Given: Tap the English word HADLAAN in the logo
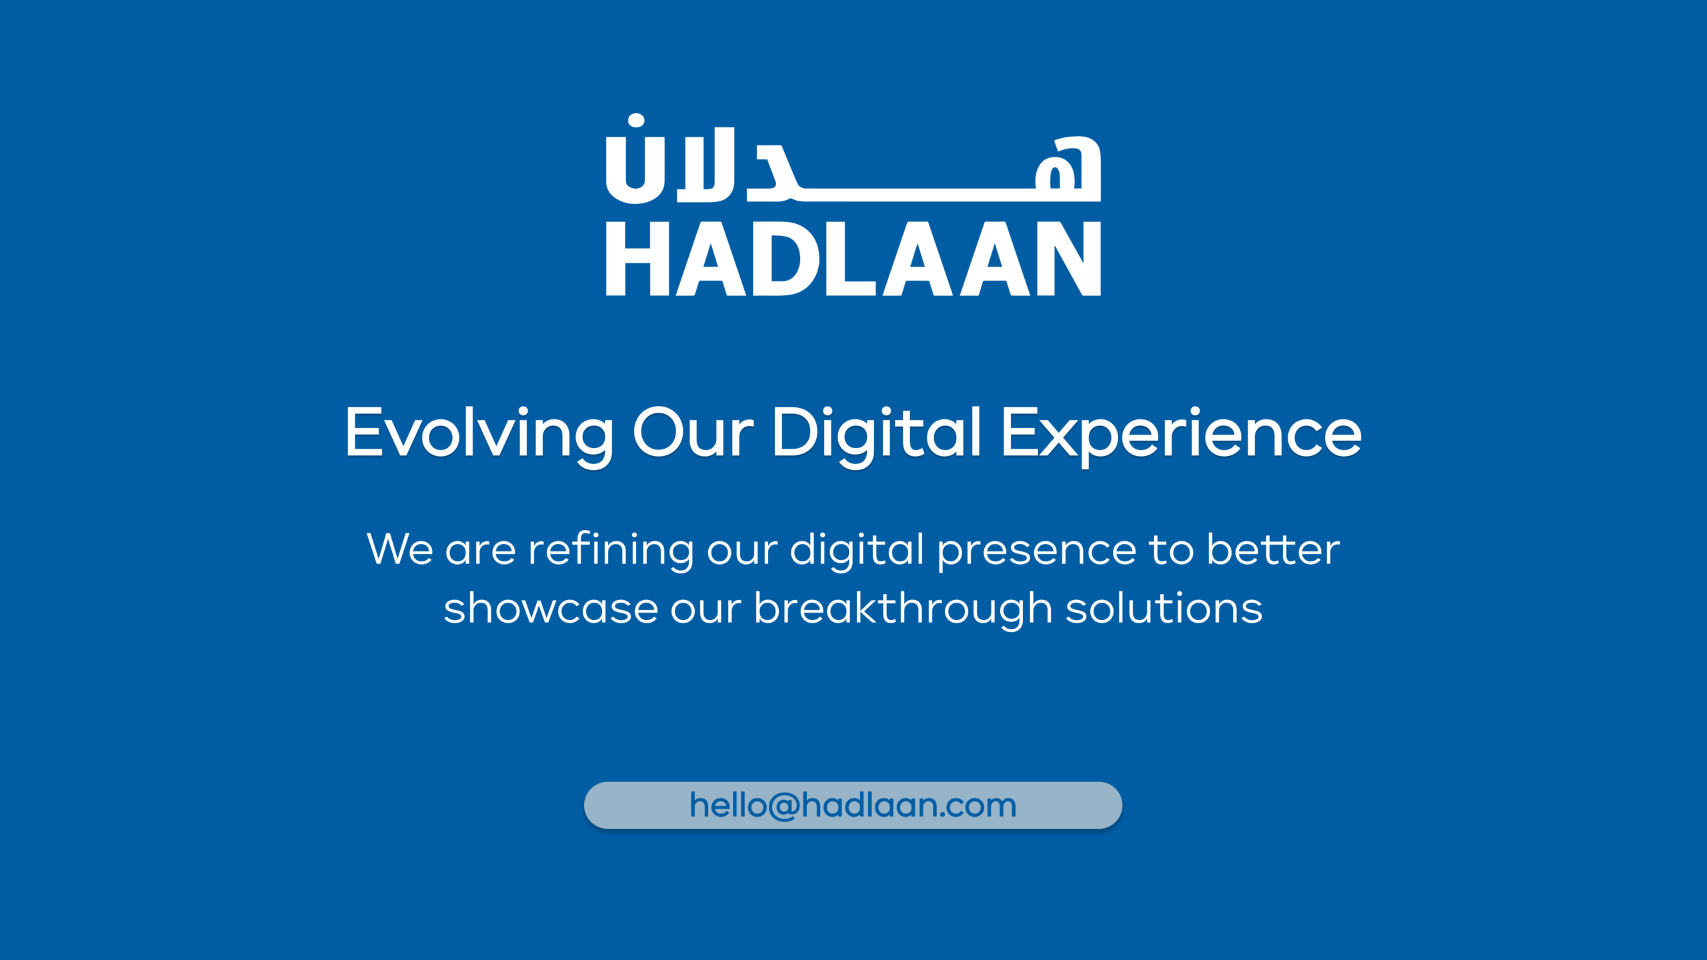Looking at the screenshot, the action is pyautogui.click(x=853, y=259).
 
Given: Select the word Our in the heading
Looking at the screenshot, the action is pyautogui.click(x=693, y=433).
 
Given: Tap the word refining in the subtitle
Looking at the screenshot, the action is pyautogui.click(x=611, y=551).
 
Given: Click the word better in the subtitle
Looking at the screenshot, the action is pyautogui.click(x=1273, y=549).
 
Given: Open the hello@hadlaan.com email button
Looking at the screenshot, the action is pyautogui.click(x=853, y=805).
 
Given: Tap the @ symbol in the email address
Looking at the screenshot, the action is pyautogui.click(x=783, y=806).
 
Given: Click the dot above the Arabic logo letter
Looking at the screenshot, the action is pyautogui.click(x=636, y=121).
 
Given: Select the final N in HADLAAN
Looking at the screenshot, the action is pyautogui.click(x=1070, y=259).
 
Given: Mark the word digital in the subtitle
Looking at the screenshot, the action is pyautogui.click(x=858, y=551).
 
